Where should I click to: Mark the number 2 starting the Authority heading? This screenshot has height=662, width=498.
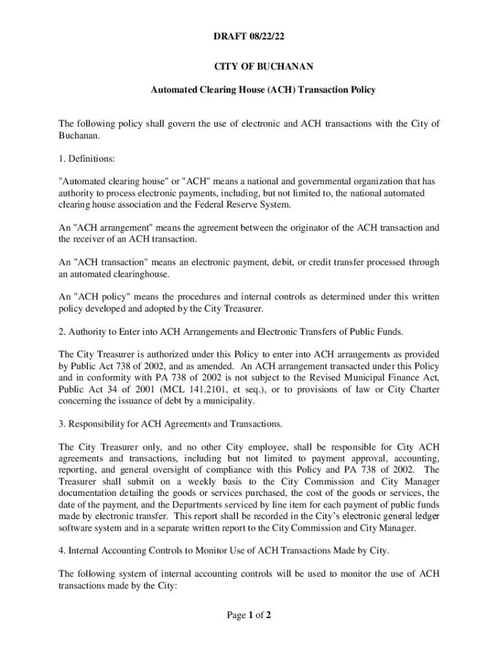pos(61,332)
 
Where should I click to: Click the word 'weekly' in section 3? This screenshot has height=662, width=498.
pos(189,482)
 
